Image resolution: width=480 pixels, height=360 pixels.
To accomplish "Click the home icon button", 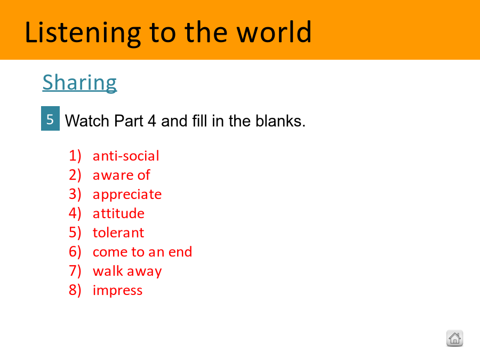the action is click(454, 338).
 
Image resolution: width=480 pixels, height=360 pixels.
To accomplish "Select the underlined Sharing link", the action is click(79, 82).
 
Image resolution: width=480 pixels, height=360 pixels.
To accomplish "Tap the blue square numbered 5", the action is click(50, 118).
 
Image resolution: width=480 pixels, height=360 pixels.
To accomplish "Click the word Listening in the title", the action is click(83, 33).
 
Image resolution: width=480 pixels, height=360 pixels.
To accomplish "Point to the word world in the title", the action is click(274, 32).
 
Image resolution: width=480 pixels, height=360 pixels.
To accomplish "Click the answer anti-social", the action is click(126, 156).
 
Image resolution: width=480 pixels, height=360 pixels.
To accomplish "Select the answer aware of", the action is click(121, 175).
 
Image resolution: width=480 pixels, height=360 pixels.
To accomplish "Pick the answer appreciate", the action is click(127, 195).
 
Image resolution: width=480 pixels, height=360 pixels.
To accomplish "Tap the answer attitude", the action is click(118, 213).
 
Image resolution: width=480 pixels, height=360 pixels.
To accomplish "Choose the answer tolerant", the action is click(118, 233).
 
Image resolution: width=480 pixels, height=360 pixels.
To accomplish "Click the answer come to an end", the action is click(142, 252).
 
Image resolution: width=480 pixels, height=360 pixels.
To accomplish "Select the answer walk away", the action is click(127, 271).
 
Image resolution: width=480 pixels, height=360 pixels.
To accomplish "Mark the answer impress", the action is click(117, 291).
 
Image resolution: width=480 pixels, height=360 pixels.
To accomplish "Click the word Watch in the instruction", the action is click(87, 121).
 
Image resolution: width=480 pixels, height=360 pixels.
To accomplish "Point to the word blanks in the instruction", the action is click(281, 121).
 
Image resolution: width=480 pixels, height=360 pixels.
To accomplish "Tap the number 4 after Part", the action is click(152, 121).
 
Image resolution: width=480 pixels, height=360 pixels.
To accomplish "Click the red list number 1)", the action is click(75, 156).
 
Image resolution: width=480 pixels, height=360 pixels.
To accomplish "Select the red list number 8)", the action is click(75, 290).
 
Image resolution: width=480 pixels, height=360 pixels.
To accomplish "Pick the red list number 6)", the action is click(75, 252).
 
